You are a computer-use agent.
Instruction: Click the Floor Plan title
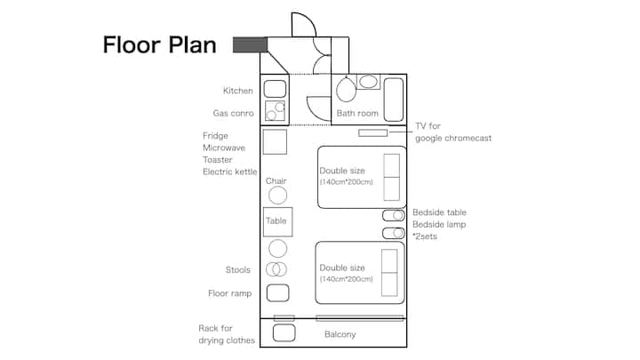159,44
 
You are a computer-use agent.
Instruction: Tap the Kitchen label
238,91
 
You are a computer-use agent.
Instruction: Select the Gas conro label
234,114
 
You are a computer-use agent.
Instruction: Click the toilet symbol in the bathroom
346,89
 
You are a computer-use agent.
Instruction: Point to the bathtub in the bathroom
394,96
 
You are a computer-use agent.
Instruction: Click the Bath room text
357,114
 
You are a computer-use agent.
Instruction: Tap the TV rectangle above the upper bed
373,133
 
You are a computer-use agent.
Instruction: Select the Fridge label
216,136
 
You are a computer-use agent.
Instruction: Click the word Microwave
224,148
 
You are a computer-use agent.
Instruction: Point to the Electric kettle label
229,172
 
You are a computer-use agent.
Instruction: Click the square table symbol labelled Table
277,221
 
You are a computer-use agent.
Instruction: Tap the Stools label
238,269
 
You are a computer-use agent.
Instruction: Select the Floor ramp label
230,293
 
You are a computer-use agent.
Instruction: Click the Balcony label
340,334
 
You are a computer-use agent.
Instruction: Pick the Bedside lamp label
439,225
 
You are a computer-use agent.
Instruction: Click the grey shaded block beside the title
250,44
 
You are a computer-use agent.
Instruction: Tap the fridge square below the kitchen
275,141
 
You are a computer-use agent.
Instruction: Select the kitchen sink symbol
275,89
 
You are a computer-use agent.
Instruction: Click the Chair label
276,181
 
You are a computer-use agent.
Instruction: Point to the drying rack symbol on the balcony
284,333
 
